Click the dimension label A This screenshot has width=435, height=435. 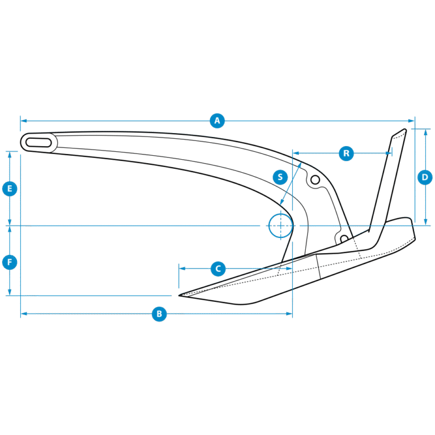pyautogui.click(x=217, y=121)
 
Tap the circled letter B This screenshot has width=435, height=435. pyautogui.click(x=159, y=314)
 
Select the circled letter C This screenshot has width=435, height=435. pyautogui.click(x=218, y=269)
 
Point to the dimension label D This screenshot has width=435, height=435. pyautogui.click(x=425, y=177)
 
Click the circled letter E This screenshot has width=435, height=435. pyautogui.click(x=10, y=189)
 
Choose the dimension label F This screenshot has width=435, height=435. pyautogui.click(x=10, y=262)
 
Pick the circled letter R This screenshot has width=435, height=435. pyautogui.click(x=346, y=153)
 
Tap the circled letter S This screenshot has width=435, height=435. pyautogui.click(x=280, y=177)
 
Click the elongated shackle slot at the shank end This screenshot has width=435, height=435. pyautogui.click(x=39, y=143)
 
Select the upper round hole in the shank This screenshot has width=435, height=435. pyautogui.click(x=315, y=180)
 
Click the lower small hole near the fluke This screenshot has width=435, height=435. pyautogui.click(x=344, y=238)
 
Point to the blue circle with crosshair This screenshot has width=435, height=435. pyautogui.click(x=281, y=226)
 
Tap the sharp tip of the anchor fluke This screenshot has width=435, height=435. pyautogui.click(x=179, y=296)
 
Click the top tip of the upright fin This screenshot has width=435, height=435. pyautogui.click(x=405, y=130)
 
